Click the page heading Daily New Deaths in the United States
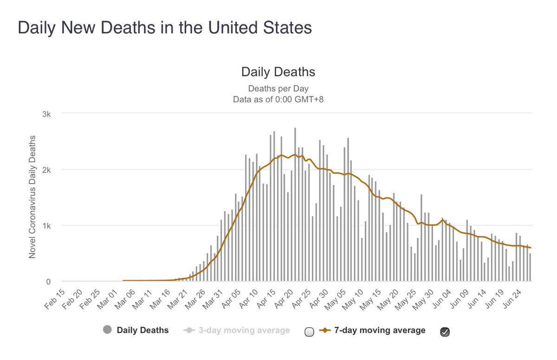tap(165, 28)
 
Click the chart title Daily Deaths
tap(278, 72)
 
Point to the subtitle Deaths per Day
tap(278, 88)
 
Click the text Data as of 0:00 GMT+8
tap(278, 98)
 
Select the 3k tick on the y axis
tap(50, 114)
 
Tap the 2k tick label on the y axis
tap(50, 170)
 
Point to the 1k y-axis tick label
tap(50, 226)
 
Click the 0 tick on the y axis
tap(53, 281)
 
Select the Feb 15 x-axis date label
tap(55, 298)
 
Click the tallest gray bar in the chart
tap(295, 204)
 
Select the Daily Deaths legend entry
tap(136, 330)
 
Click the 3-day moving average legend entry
tap(237, 330)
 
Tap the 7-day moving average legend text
tap(372, 330)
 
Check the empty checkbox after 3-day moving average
tap(309, 332)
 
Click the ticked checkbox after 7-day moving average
tap(445, 332)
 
